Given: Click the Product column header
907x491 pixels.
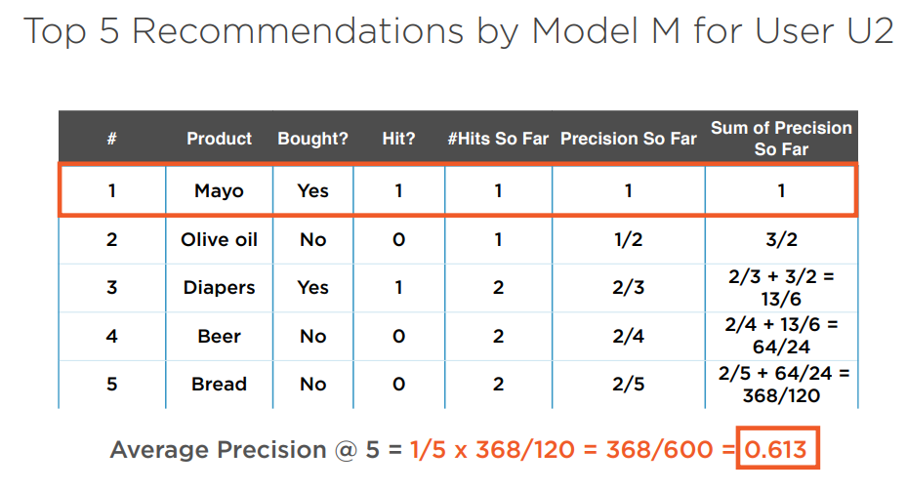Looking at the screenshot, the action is [x=220, y=139].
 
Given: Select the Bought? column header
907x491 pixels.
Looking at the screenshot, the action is [x=313, y=139].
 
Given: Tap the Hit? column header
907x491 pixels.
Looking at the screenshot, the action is [x=398, y=139].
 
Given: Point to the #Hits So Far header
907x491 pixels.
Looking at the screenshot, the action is [x=498, y=139].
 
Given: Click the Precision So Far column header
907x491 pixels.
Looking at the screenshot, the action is [x=629, y=139].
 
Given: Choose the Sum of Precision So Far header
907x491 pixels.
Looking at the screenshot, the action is [x=781, y=139].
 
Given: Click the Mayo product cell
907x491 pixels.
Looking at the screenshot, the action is [x=220, y=191].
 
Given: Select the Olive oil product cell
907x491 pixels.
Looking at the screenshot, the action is [x=220, y=239].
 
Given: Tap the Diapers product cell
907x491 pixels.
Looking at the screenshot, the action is [x=220, y=288].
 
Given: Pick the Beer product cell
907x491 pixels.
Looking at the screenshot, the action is [x=220, y=336].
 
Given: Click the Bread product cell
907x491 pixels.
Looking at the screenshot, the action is [x=220, y=384].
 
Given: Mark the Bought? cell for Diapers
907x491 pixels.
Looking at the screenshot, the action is [x=313, y=287].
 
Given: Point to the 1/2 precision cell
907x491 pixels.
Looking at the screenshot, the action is [x=629, y=239].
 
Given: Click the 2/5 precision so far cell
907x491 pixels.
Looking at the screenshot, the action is [x=629, y=384].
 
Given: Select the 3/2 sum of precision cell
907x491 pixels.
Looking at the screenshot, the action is [x=781, y=239].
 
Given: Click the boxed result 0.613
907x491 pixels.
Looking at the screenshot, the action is [x=776, y=449].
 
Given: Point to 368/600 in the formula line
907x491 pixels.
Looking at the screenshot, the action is [x=659, y=449].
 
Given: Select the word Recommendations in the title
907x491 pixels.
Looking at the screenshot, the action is [x=298, y=30].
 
